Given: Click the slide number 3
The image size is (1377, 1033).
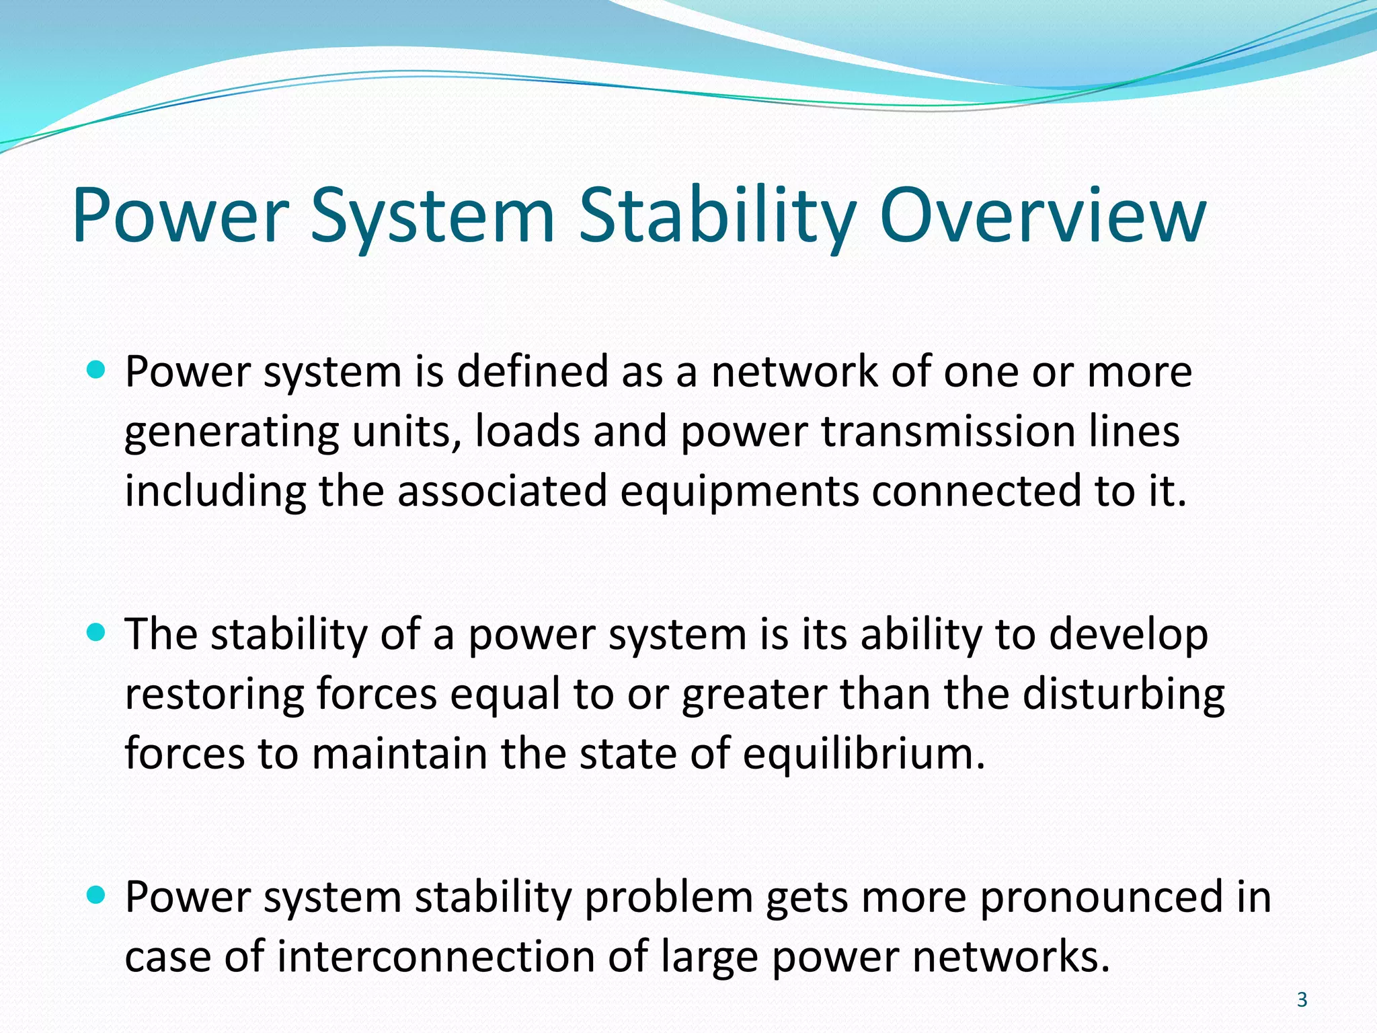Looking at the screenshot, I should pos(1302,1000).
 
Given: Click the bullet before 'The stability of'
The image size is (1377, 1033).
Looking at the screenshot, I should pos(97,632).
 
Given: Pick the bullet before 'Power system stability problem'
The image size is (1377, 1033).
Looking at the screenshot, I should pos(97,895).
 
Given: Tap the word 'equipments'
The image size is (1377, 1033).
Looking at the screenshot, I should pos(739,491).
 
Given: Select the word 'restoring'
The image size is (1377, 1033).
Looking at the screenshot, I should pos(214,695).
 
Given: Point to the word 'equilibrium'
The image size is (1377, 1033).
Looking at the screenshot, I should pos(863,755).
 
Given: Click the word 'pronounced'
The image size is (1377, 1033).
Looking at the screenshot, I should pos(1103,898).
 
